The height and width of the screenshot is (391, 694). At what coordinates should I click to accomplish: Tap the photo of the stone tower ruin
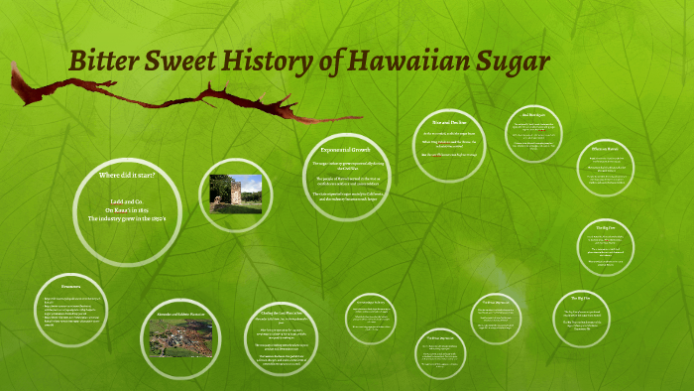(236, 195)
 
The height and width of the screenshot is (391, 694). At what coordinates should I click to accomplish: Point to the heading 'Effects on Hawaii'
(605, 150)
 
